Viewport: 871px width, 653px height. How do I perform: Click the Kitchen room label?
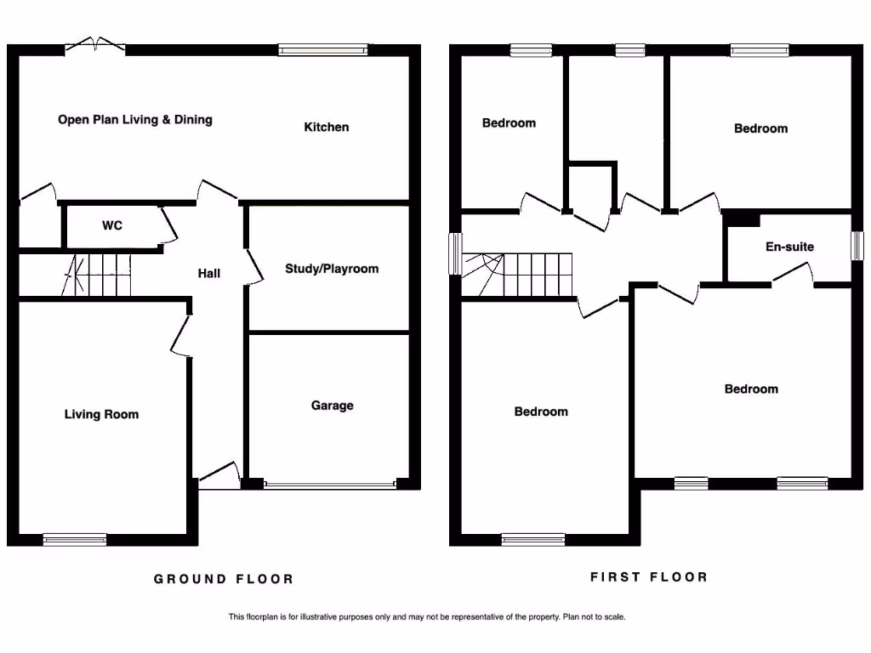point(327,128)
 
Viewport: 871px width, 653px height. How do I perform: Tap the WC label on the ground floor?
point(112,226)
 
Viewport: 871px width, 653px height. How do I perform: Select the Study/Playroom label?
point(332,269)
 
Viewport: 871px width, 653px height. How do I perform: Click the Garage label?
point(332,406)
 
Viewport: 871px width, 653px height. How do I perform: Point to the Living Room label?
point(101,415)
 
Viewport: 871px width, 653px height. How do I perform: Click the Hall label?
point(209,273)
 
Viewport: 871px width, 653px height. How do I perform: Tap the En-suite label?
point(789,247)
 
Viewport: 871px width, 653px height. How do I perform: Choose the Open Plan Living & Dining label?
point(135,120)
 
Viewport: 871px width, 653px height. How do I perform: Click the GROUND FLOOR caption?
point(224,579)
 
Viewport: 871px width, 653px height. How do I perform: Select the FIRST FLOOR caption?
point(649,577)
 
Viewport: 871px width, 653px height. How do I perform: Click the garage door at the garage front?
point(329,485)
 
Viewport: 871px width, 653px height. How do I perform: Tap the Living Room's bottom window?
point(75,539)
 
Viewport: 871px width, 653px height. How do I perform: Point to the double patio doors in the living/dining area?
point(94,45)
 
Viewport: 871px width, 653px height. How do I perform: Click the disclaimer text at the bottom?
point(426,617)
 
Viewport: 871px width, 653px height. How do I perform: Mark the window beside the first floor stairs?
point(455,254)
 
